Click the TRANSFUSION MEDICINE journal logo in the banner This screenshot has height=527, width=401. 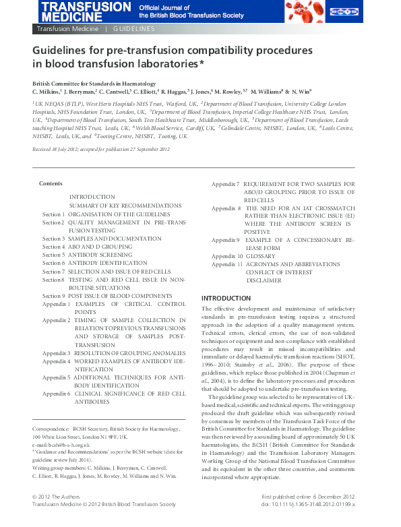[x=81, y=11]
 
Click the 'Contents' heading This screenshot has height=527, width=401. [x=51, y=184]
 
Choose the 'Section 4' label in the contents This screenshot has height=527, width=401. [x=53, y=247]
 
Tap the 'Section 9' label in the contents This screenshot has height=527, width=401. [x=53, y=296]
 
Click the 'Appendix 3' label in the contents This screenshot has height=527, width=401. [x=56, y=353]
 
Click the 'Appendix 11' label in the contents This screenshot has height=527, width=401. [x=226, y=264]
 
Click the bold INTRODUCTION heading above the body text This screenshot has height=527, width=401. [x=226, y=298]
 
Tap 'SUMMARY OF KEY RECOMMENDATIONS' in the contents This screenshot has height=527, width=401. [x=115, y=205]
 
